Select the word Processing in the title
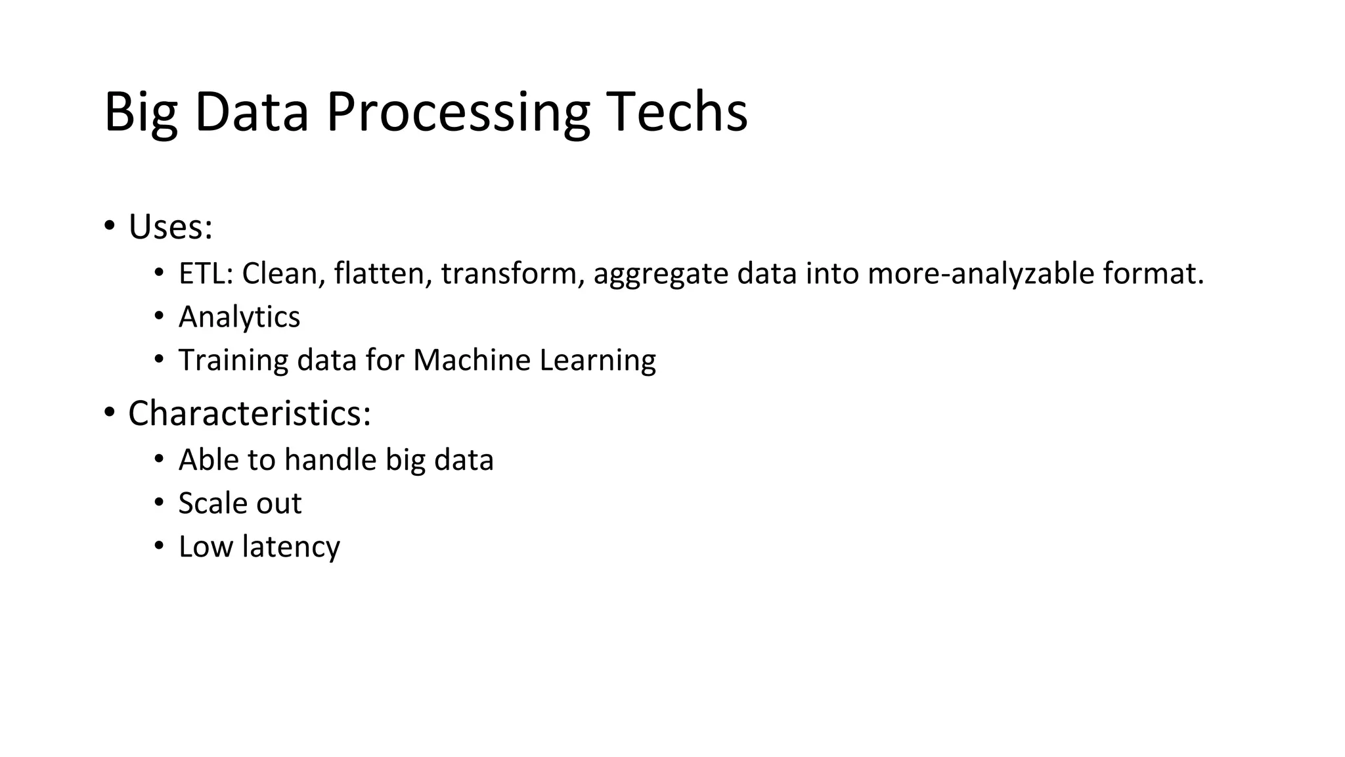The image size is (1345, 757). pyautogui.click(x=458, y=113)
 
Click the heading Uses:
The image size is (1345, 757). pyautogui.click(x=170, y=227)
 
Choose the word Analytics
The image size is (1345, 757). pyautogui.click(x=239, y=317)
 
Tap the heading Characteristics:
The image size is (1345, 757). pyautogui.click(x=250, y=413)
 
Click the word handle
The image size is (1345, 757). pyautogui.click(x=330, y=459)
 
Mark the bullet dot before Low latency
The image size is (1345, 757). pyautogui.click(x=159, y=545)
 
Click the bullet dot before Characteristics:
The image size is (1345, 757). pyautogui.click(x=109, y=413)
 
